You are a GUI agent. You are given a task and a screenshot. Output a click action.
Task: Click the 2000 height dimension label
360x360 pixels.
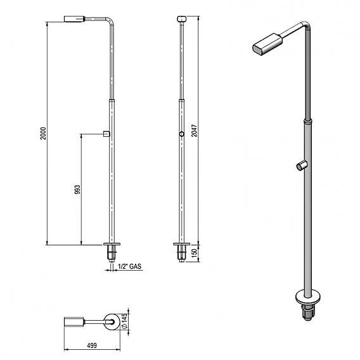click(43, 133)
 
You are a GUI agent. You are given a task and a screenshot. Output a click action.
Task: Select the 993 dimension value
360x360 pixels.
click(77, 190)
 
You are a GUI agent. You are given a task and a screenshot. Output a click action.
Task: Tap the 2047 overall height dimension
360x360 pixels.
click(194, 131)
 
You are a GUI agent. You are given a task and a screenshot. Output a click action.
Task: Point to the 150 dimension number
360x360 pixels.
click(194, 254)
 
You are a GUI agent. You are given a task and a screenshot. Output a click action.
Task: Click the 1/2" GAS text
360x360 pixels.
click(130, 266)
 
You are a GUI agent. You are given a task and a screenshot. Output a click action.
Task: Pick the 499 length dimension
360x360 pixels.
click(92, 345)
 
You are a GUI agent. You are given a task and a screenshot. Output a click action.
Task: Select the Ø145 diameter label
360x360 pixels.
click(124, 321)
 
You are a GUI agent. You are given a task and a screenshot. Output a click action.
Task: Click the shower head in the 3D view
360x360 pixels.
click(267, 44)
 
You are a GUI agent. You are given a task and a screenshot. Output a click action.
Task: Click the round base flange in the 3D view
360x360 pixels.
click(307, 297)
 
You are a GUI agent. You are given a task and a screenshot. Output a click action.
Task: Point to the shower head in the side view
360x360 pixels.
click(74, 19)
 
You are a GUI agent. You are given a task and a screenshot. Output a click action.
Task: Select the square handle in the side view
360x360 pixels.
click(106, 134)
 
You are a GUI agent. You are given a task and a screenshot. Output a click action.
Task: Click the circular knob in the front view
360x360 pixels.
click(182, 134)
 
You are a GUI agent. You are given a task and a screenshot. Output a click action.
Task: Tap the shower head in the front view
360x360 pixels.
click(182, 18)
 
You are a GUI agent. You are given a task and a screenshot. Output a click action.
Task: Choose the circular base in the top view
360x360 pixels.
click(112, 322)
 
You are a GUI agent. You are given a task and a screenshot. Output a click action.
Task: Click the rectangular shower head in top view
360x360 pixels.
click(74, 321)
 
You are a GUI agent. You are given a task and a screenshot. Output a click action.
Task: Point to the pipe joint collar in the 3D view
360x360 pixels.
click(308, 121)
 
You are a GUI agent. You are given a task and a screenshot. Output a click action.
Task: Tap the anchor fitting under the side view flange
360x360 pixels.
click(112, 254)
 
